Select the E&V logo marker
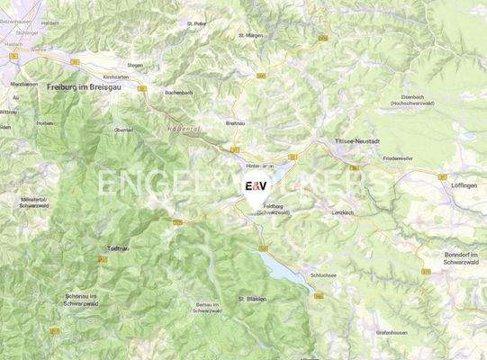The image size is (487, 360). (x=256, y=188)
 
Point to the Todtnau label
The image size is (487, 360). (x=120, y=247)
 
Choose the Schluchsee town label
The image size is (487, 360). (x=322, y=275)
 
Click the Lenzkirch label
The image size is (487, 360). (x=344, y=212)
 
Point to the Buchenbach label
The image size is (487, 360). (x=178, y=92)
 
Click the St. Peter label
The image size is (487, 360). (x=196, y=23)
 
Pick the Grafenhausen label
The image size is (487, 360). (x=392, y=332)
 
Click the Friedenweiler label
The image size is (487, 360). (x=398, y=158)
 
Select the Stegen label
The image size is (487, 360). (x=135, y=65)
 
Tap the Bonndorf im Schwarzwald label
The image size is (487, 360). (x=464, y=259)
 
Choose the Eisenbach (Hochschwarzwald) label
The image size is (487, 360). (x=422, y=101)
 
